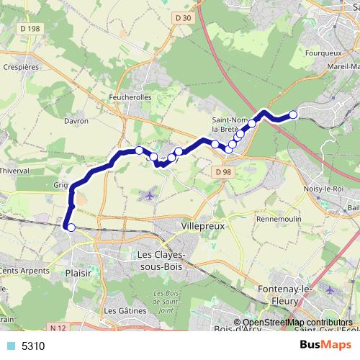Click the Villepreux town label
204,225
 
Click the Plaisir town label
78,274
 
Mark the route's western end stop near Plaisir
70,228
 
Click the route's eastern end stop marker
293,114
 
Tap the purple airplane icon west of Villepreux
149,194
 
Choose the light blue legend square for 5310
11,346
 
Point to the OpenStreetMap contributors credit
296,323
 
